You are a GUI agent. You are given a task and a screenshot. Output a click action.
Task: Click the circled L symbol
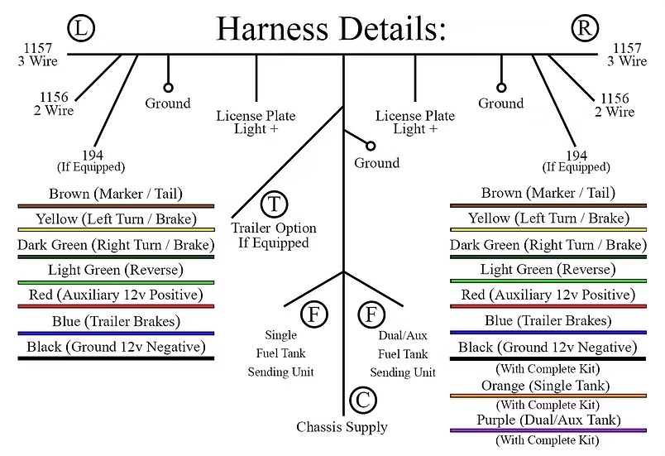tap(81, 29)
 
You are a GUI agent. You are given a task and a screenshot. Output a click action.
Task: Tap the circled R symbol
tap(584, 29)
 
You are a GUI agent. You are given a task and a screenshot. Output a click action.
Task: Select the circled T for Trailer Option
tap(274, 204)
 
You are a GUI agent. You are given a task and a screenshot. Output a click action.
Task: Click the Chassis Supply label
tap(342, 427)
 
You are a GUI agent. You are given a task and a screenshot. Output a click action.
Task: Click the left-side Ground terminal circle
tap(169, 87)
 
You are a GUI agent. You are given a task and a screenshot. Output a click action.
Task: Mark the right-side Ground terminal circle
tap(500, 87)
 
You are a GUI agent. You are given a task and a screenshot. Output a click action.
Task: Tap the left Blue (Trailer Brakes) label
tap(115, 322)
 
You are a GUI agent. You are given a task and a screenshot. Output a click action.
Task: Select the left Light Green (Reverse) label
tap(115, 270)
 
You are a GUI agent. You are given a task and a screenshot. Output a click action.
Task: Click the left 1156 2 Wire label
tap(54, 103)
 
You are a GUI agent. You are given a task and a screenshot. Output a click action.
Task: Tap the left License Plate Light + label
tap(256, 122)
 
